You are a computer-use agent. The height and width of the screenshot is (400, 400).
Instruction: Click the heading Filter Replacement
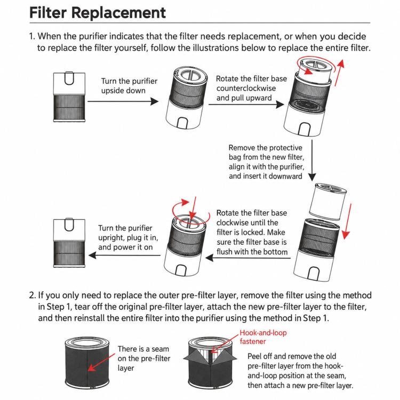click(98, 12)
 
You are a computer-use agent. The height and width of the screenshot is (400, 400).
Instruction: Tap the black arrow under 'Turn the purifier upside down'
click(123, 101)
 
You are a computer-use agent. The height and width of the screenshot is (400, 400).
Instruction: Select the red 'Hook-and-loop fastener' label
click(263, 337)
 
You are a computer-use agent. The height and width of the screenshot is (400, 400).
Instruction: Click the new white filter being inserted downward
click(327, 202)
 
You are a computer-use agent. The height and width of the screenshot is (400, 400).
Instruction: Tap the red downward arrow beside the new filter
click(347, 221)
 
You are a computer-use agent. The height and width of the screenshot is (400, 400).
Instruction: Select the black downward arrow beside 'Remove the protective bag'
click(312, 161)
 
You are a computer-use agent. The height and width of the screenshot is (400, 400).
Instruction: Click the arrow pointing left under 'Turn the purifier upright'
click(124, 255)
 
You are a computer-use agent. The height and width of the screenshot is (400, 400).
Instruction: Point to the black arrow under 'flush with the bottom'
click(247, 258)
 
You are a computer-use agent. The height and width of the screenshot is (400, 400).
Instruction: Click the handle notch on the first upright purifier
click(69, 78)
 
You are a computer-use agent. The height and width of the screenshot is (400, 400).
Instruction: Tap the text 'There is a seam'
click(143, 349)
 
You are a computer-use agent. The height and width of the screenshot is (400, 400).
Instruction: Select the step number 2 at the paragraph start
click(32, 295)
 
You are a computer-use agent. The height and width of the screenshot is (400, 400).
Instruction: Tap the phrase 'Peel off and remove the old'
click(292, 356)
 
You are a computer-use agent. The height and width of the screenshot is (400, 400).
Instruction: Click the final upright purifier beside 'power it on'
click(69, 243)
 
